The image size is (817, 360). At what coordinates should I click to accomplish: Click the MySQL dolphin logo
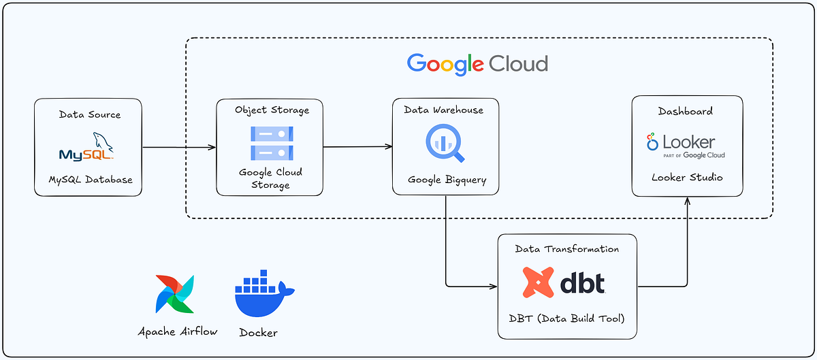[x=86, y=147]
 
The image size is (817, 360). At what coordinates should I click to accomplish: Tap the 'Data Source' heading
[x=89, y=114]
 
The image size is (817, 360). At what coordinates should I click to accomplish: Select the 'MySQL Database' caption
[x=89, y=180]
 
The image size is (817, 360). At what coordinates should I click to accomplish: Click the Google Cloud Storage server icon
[x=271, y=143]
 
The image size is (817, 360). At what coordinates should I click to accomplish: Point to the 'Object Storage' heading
[x=272, y=110]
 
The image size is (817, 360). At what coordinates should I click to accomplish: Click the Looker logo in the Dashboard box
[x=686, y=144]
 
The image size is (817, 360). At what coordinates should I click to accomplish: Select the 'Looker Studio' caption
[x=686, y=177]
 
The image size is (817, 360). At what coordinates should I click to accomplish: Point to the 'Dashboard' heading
[x=686, y=110]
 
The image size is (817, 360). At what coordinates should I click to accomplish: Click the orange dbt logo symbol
[x=538, y=282]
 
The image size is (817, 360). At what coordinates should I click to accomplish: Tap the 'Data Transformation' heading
[x=566, y=249]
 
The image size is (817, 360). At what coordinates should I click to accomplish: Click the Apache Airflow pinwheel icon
[x=175, y=294]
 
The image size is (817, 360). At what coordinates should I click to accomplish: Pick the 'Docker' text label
[x=258, y=333]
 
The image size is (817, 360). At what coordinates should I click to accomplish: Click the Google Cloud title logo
[x=477, y=64]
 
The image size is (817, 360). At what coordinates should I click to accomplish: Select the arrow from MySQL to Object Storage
[x=178, y=147]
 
